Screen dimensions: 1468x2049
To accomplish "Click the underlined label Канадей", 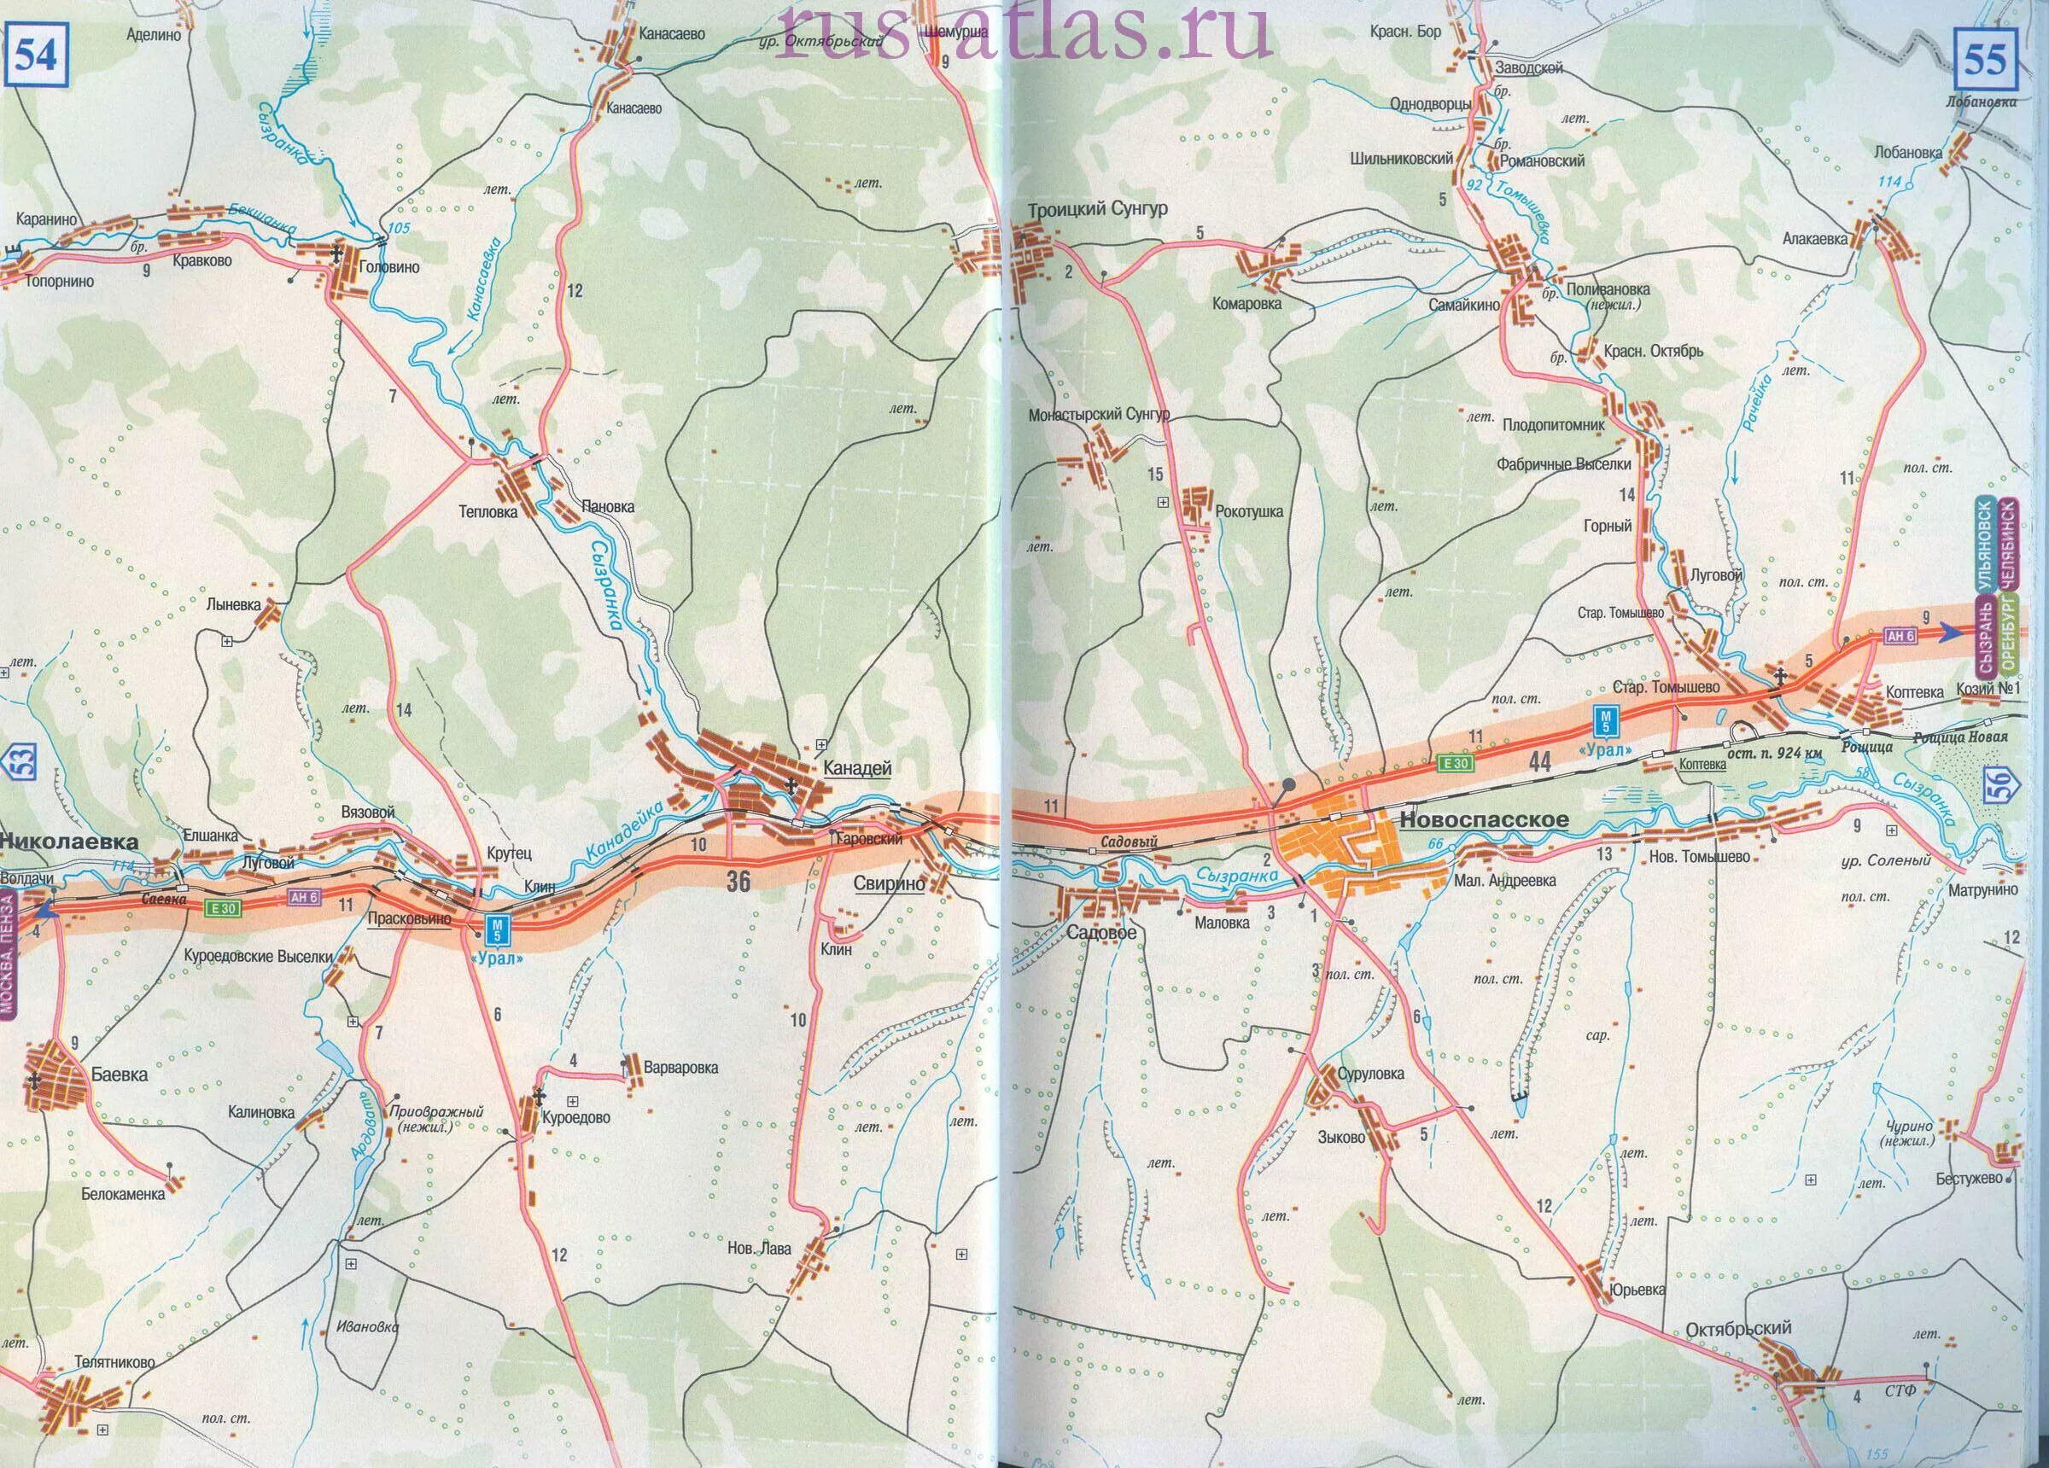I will pos(857,768).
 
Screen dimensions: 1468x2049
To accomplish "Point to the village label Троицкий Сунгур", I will pos(1097,209).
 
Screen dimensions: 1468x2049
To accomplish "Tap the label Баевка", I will pos(120,1075).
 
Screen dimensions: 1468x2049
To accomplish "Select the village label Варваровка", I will pos(680,1067).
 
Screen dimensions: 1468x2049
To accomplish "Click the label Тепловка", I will pos(487,511).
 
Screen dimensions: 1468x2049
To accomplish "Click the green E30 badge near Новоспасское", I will pos(1456,763).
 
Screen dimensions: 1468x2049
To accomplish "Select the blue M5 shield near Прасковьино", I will pos(496,929).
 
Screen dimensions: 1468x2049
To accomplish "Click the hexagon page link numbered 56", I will pos(2022,783).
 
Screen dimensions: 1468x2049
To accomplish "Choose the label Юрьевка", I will pos(1636,1290).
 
